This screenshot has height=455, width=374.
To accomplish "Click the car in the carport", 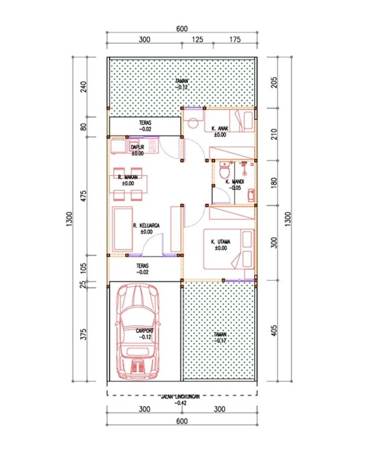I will [x=137, y=332].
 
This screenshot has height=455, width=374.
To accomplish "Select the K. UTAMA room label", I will [x=221, y=242].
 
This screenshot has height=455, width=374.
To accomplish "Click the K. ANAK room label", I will [x=220, y=128].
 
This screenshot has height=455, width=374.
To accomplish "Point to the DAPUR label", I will [x=137, y=147].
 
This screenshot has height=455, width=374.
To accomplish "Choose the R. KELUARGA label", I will [x=146, y=226].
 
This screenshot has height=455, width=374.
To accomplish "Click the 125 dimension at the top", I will [x=197, y=39].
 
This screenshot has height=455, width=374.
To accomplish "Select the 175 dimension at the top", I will [x=235, y=39].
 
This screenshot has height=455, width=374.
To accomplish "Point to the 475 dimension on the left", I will [x=84, y=196].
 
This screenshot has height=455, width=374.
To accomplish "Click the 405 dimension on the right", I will [x=274, y=331].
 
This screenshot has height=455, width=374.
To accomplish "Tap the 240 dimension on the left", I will [x=84, y=86].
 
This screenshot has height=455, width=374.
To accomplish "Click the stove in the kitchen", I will [x=152, y=146].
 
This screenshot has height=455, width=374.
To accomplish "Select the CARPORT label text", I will [x=145, y=331].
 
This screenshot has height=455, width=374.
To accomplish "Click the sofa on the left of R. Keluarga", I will [x=122, y=229].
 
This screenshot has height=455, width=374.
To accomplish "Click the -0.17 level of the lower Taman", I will [x=221, y=340].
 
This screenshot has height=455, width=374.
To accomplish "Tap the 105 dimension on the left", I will [x=84, y=268].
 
